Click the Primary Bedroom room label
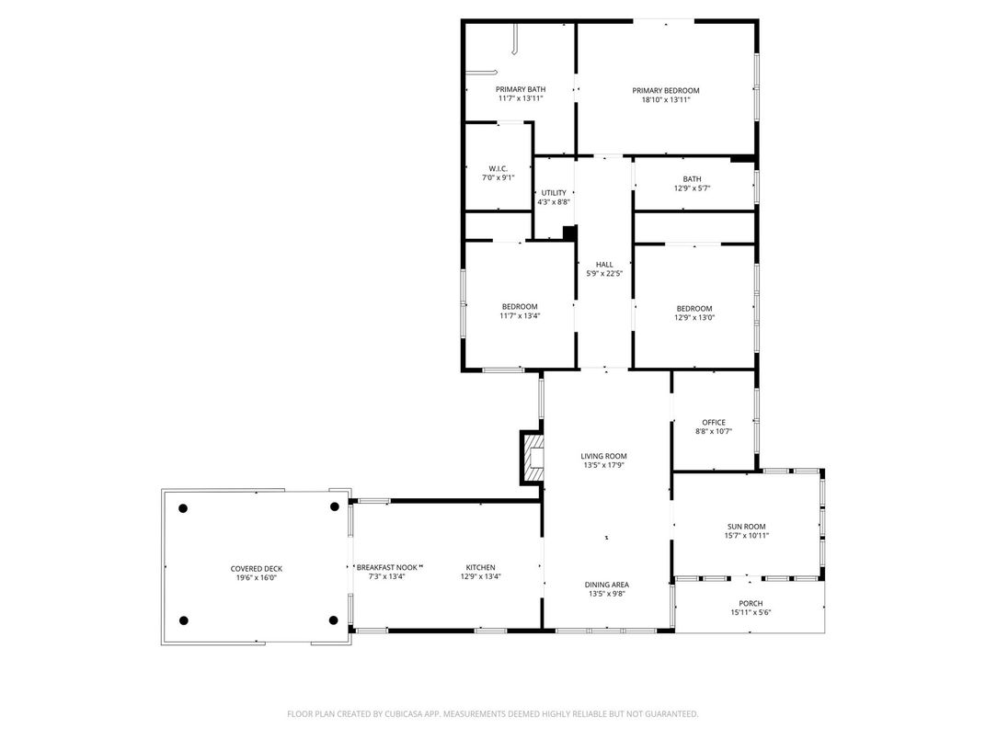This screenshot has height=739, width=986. (x=665, y=90)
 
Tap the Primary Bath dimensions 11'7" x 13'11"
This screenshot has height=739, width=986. (x=521, y=98)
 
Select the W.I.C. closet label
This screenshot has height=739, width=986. (x=498, y=168)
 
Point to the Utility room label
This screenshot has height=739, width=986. (x=554, y=193)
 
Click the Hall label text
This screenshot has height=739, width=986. (x=604, y=264)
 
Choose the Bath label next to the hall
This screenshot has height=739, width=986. (x=692, y=179)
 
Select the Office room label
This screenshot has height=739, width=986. (x=714, y=423)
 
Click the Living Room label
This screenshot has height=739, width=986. (x=603, y=456)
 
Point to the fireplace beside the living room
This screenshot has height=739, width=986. (x=532, y=457)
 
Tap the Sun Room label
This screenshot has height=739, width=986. (x=747, y=526)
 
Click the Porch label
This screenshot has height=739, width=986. (x=751, y=604)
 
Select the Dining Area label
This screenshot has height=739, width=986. (x=607, y=585)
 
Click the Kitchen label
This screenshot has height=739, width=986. (x=480, y=567)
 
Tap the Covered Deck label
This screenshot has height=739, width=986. (x=256, y=568)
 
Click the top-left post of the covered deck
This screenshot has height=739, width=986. (x=183, y=507)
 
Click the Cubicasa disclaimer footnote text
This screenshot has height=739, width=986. (x=493, y=713)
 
